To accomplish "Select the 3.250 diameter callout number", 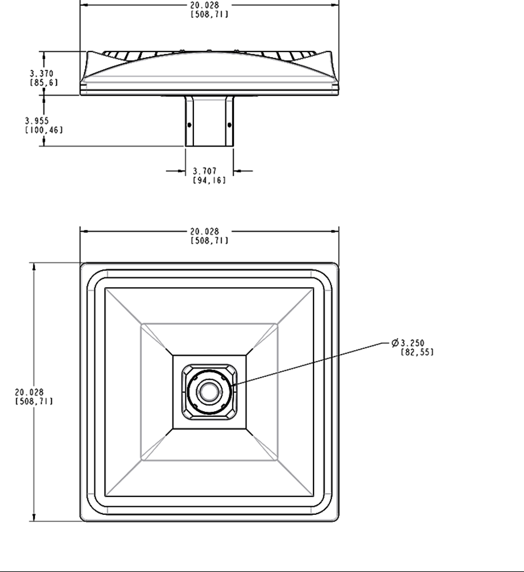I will coord(412,343).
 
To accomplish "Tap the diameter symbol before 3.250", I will coord(395,343).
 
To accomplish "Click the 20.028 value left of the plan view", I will coord(29,392).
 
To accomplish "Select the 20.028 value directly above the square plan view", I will coord(205,232).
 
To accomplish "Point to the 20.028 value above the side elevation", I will coord(205,6).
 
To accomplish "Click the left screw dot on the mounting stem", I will coord(189,125).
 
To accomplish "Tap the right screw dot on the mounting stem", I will coord(229,125).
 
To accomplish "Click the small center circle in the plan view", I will coord(208,392).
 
